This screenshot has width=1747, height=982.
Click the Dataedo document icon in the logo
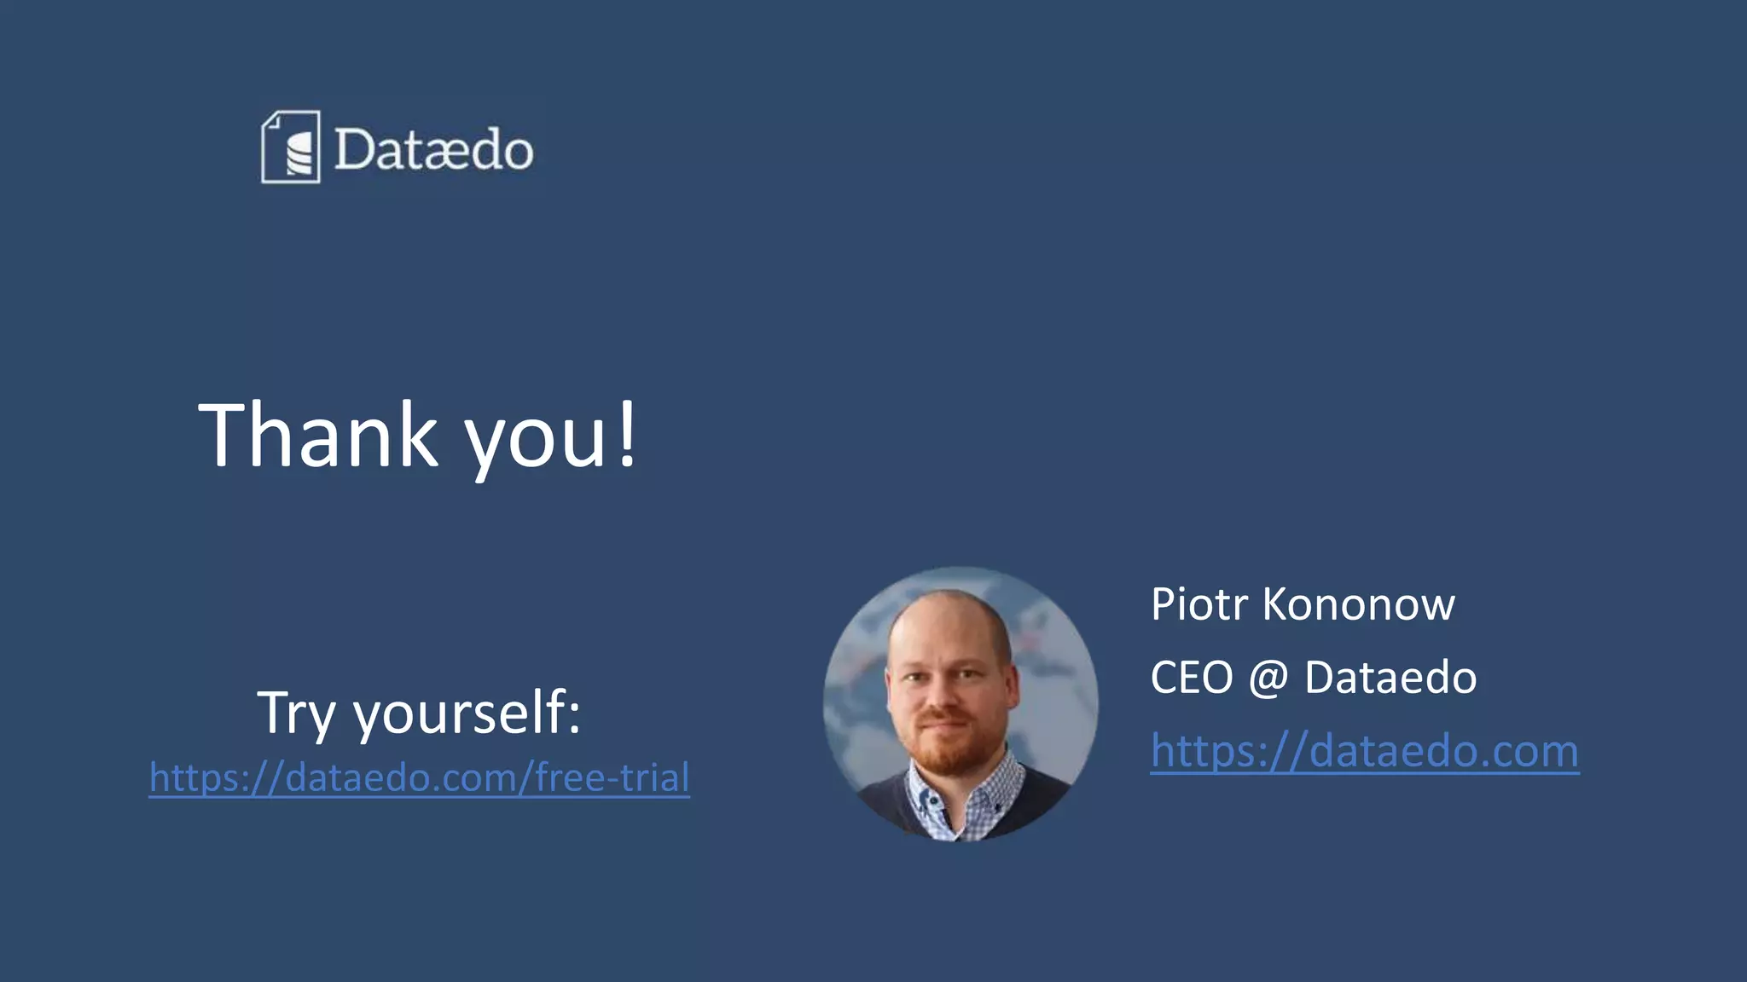click(x=291, y=147)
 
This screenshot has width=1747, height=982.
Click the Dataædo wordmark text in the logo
click(x=433, y=150)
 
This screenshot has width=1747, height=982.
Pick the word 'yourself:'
click(x=467, y=713)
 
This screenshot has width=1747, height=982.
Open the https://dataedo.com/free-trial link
click(x=419, y=777)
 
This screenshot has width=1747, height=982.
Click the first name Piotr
click(x=1199, y=604)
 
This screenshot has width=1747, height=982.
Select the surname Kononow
click(x=1358, y=604)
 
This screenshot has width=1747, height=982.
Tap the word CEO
click(x=1192, y=678)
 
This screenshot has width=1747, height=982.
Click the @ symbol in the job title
click(x=1268, y=679)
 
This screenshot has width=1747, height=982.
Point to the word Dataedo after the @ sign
click(x=1390, y=678)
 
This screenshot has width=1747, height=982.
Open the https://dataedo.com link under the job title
click(x=1364, y=751)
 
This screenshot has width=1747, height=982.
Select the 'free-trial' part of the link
click(x=612, y=777)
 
